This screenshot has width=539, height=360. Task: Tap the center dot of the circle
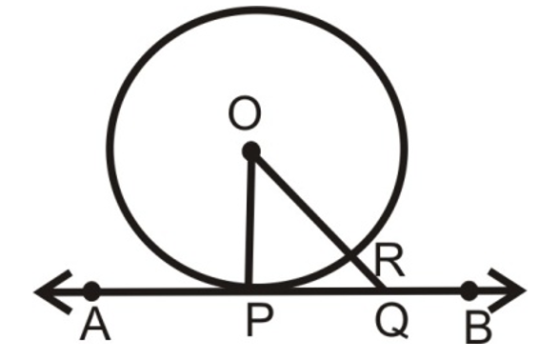point(250,150)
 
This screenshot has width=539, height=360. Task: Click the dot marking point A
point(91,290)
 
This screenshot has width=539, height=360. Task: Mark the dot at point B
point(469,290)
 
